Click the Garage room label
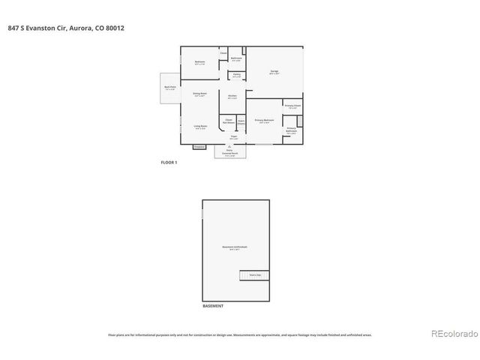tap(274, 72)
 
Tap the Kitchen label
tap(232, 97)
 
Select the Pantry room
tap(235, 76)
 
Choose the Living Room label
tap(200, 127)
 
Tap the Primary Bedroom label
tap(263, 121)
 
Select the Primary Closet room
tap(292, 106)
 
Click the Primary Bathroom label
tap(291, 130)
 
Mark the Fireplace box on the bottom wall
tap(199, 147)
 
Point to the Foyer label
tap(234, 137)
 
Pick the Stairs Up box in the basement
tap(255, 275)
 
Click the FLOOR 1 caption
tap(169, 163)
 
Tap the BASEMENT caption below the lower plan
tap(213, 307)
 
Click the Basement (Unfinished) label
tap(235, 247)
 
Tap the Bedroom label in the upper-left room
tap(200, 61)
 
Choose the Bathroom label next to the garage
tap(235, 59)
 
